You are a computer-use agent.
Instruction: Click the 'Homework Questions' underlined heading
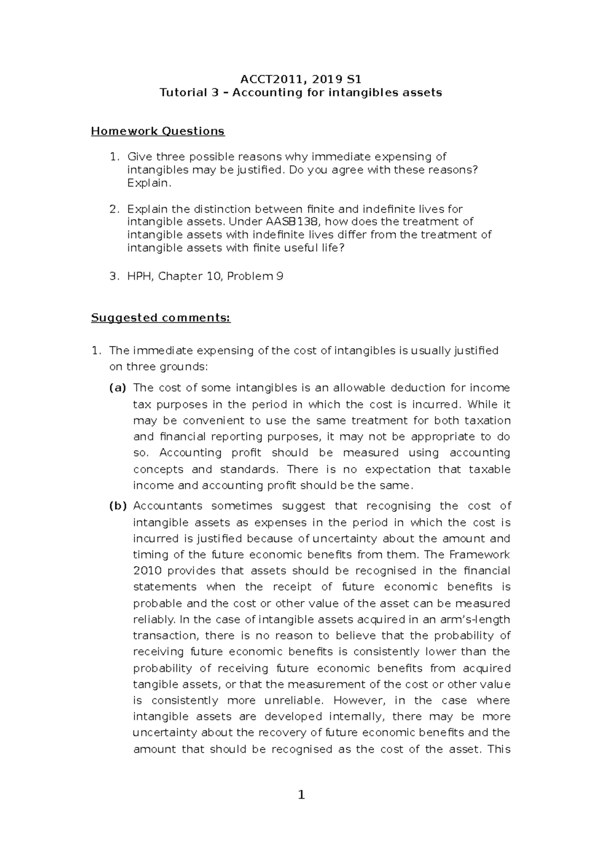pyautogui.click(x=158, y=131)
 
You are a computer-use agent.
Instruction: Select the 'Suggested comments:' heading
pyautogui.click(x=161, y=318)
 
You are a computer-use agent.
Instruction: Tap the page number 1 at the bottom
pyautogui.click(x=301, y=795)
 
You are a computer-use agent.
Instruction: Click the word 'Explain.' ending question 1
pyautogui.click(x=149, y=183)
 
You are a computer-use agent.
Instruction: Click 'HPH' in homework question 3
pyautogui.click(x=140, y=276)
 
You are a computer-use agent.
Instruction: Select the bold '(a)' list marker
pyautogui.click(x=118, y=388)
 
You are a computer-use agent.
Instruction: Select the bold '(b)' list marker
pyautogui.click(x=118, y=506)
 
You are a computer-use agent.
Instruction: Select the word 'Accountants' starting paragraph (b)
pyautogui.click(x=168, y=506)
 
